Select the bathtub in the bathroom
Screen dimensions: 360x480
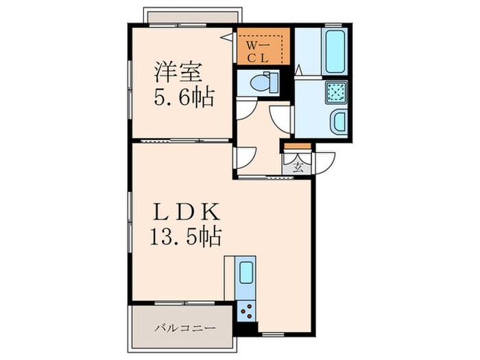[336, 51]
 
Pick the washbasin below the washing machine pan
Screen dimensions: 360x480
[339, 123]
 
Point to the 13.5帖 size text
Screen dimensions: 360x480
[187, 237]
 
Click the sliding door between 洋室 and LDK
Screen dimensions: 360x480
[182, 140]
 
